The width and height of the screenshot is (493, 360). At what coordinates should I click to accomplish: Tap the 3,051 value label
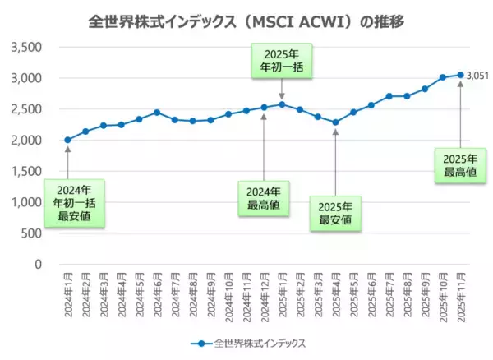point(477,76)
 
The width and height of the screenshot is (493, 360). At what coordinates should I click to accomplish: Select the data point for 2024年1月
point(67,140)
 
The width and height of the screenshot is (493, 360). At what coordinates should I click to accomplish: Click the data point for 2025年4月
point(335,122)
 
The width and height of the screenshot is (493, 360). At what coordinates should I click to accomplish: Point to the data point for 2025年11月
point(460,75)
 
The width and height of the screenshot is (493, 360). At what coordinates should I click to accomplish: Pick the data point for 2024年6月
point(157,113)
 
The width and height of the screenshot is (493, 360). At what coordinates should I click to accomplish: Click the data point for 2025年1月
point(282,104)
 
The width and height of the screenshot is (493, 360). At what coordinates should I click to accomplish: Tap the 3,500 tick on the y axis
point(26,47)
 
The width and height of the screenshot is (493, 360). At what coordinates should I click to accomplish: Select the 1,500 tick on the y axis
point(26,171)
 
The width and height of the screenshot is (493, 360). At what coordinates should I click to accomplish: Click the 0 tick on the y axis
point(38,264)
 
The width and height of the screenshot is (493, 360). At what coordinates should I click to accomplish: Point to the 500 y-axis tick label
point(31,233)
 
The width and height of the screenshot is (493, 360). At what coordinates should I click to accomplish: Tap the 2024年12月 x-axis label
point(264,294)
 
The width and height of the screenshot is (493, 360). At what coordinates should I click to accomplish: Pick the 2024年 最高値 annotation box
point(264,196)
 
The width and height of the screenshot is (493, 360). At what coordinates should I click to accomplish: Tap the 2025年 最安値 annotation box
point(335,213)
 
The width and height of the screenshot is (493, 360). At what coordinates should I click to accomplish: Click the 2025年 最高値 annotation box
point(460,165)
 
